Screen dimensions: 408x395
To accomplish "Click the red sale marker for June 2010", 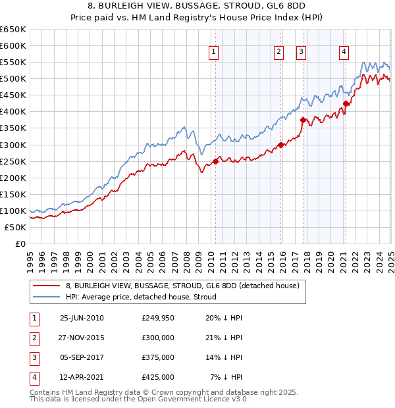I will click(215, 161).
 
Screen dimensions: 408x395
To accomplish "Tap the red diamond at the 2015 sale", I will click(280, 145).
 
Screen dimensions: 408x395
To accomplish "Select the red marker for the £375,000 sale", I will click(303, 120).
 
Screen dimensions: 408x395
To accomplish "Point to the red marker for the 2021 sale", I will click(346, 103).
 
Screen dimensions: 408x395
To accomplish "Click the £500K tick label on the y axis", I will click(13, 79).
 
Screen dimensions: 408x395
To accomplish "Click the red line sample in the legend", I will click(46, 286).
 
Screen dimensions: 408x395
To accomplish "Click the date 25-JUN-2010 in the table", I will click(82, 318).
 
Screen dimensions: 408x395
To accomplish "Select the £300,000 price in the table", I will click(158, 338).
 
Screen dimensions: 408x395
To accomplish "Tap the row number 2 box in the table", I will click(33, 338).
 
